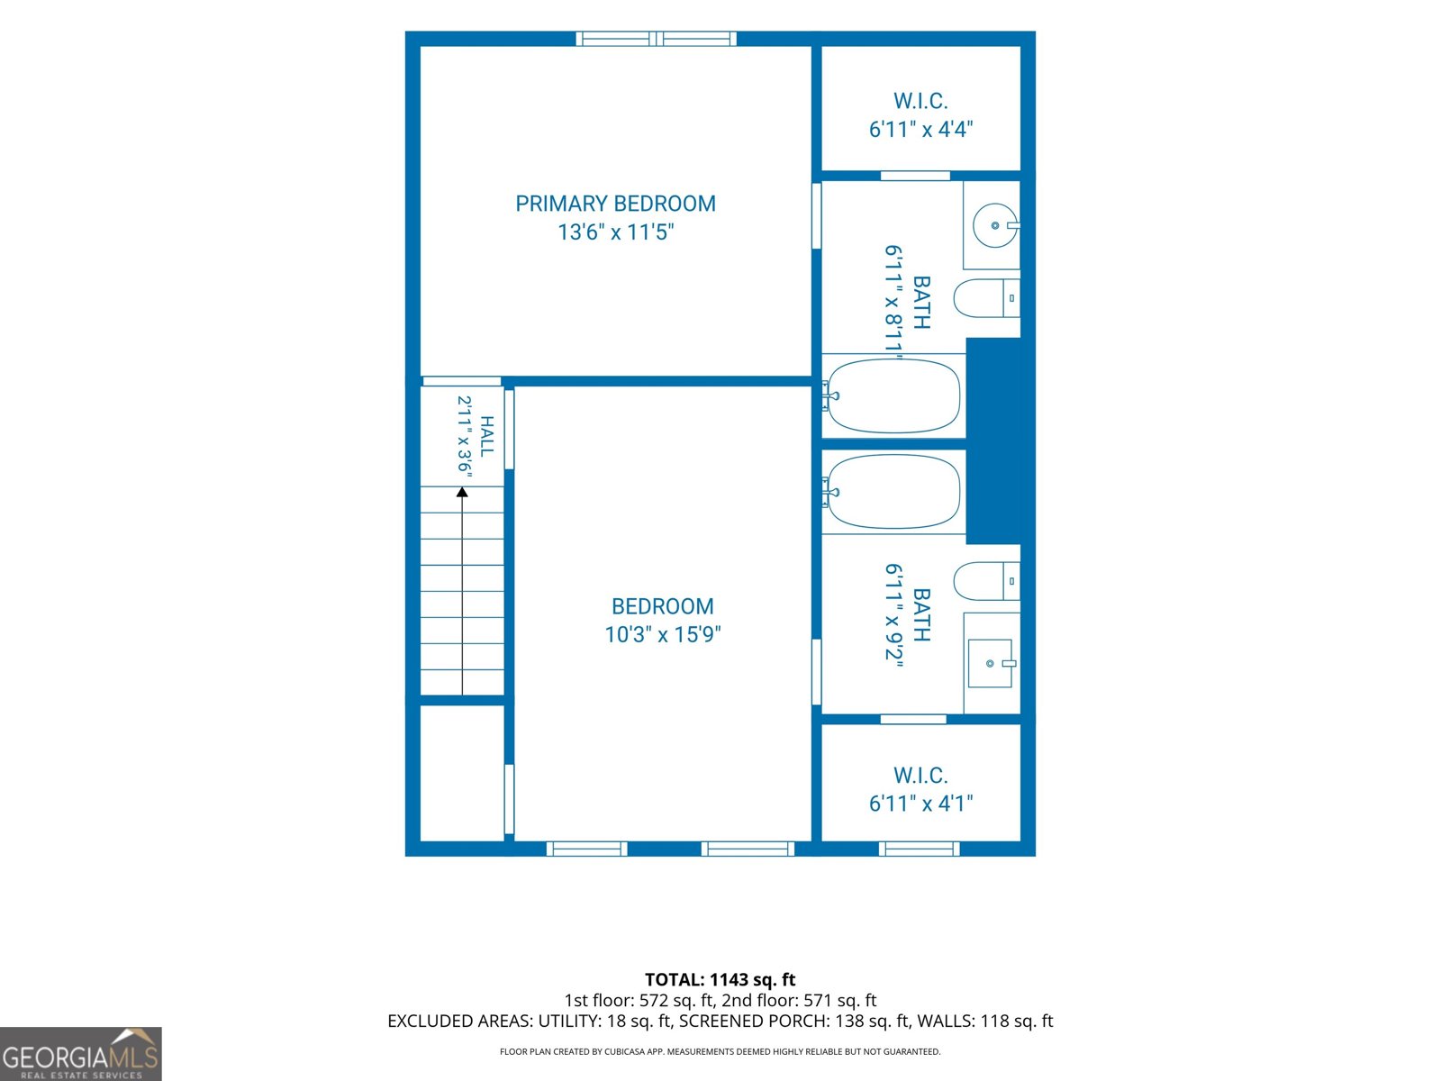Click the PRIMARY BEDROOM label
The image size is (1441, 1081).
(615, 204)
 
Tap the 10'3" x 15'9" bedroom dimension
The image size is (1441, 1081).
(662, 634)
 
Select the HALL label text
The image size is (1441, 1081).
(486, 436)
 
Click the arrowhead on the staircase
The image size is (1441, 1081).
(462, 492)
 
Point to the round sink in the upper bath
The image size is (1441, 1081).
(995, 225)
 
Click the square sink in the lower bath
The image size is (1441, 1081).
(991, 664)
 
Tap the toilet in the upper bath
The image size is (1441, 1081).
(987, 298)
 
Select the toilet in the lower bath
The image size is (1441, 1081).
(987, 581)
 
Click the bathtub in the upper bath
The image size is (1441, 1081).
(893, 395)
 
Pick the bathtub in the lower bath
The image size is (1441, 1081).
(893, 492)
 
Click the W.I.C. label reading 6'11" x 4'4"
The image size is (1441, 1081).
(920, 115)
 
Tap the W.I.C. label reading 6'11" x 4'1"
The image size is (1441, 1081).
(920, 789)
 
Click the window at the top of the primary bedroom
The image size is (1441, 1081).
(656, 39)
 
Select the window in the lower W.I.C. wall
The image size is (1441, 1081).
(920, 849)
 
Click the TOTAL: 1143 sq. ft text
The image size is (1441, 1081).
(720, 980)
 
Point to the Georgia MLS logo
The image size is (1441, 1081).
(81, 1053)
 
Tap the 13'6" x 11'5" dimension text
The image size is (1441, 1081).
(616, 232)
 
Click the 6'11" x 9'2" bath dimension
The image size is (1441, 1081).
(893, 615)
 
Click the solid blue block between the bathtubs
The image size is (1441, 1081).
(993, 441)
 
